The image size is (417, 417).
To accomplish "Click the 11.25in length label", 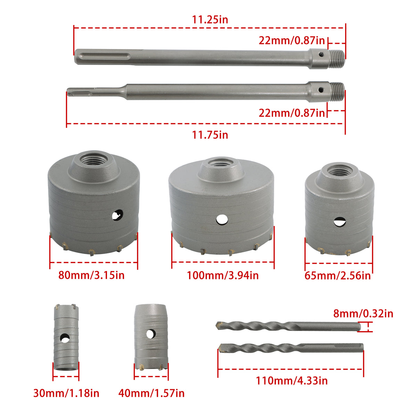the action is click(x=210, y=20).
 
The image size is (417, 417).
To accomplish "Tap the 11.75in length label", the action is click(x=210, y=135).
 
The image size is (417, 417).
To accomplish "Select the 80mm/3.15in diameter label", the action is click(x=91, y=275).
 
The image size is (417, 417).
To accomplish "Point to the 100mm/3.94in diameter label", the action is click(x=223, y=276).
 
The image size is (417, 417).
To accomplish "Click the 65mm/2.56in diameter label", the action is click(x=337, y=276).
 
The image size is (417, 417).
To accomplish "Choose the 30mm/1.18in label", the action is click(x=66, y=393).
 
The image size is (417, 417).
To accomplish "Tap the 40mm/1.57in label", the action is click(x=151, y=393).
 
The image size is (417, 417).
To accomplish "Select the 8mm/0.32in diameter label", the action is click(x=363, y=313).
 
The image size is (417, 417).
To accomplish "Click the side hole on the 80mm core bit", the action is click(x=117, y=215).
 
